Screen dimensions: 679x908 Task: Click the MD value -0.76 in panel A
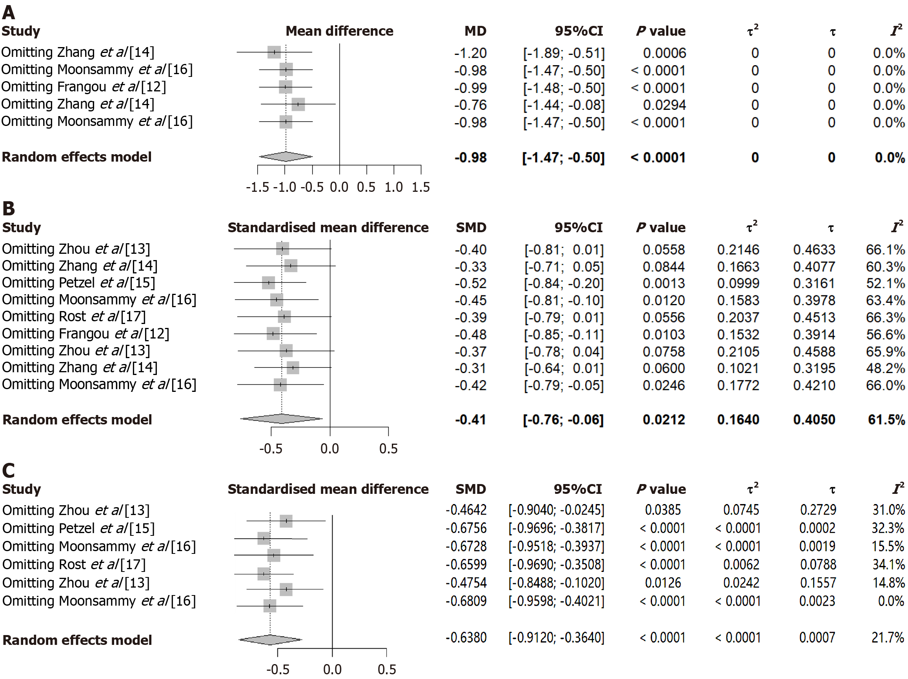pyautogui.click(x=470, y=105)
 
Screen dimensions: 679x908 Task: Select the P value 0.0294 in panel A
pyautogui.click(x=664, y=105)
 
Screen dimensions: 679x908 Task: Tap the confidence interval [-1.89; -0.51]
pyautogui.click(x=564, y=53)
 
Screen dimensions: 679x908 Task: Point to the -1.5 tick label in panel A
pyautogui.click(x=257, y=187)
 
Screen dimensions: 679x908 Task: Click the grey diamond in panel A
pyautogui.click(x=286, y=157)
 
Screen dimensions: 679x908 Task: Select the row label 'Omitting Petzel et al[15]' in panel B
pyautogui.click(x=78, y=283)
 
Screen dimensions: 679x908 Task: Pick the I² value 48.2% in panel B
pyautogui.click(x=885, y=368)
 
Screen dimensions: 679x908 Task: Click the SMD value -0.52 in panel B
pyautogui.click(x=470, y=283)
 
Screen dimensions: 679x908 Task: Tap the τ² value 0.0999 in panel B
pyautogui.click(x=738, y=283)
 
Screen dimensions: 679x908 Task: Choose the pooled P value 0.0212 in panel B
pyautogui.click(x=664, y=420)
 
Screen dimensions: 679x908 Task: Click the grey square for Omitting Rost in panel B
pyautogui.click(x=284, y=317)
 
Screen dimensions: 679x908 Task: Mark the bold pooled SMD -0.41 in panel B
pyautogui.click(x=470, y=420)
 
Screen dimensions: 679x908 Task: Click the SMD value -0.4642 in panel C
pyautogui.click(x=466, y=510)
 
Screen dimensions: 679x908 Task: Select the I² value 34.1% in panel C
pyautogui.click(x=888, y=564)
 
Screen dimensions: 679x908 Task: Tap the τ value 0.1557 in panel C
pyautogui.click(x=818, y=583)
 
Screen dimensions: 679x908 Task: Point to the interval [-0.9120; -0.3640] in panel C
pyautogui.click(x=556, y=637)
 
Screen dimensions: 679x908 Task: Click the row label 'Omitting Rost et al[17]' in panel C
pyautogui.click(x=74, y=564)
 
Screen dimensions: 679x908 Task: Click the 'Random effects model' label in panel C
pyautogui.click(x=77, y=640)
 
